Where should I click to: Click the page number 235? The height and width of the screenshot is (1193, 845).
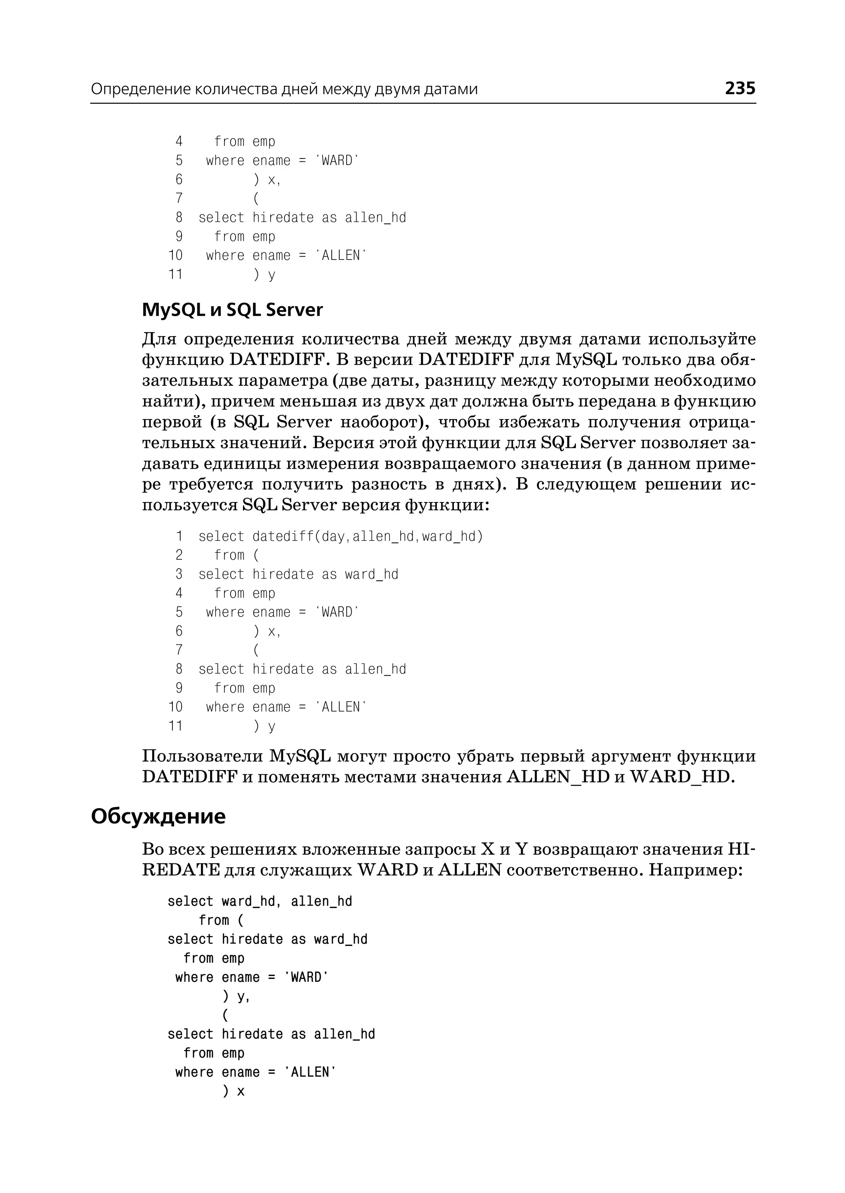click(740, 88)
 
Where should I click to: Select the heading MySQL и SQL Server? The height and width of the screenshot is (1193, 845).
click(232, 310)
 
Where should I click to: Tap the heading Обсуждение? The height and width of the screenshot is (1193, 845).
click(158, 816)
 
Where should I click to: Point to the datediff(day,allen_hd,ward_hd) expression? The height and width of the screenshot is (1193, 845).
click(368, 536)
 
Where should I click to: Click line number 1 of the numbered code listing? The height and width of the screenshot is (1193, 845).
click(179, 536)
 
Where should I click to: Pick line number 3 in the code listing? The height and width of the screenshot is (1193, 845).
click(179, 574)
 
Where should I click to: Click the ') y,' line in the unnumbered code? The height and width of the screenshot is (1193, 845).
click(236, 996)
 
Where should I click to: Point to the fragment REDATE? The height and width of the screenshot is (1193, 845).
click(181, 870)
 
